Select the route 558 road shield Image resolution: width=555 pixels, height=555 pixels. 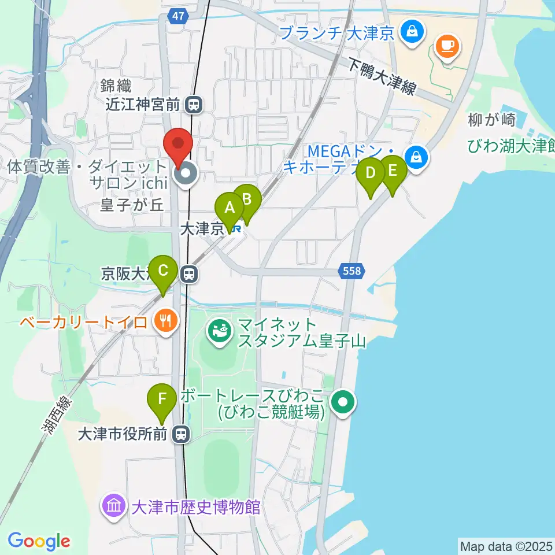pos(351,271)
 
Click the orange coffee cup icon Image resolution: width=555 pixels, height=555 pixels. pos(447,45)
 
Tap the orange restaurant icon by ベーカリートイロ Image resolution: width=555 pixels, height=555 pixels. pos(166,323)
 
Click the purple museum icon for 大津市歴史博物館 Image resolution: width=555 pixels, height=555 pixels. pos(113,507)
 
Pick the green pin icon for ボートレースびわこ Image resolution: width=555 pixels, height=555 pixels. pos(343,402)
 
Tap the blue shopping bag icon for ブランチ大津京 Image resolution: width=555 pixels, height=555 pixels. pos(412,31)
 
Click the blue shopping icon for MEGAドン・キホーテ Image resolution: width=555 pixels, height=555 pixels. pos(416,156)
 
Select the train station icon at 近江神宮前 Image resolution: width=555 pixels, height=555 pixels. pos(194,105)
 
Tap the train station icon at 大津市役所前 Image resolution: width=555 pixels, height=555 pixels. pos(182,434)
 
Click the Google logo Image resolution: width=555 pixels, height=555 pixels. pos(39,541)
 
